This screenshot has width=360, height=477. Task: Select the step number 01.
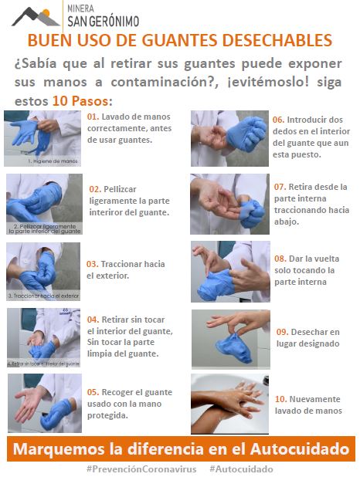pos(93,117)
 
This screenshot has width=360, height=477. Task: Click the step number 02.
pos(95,188)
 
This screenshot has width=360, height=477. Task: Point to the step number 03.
pos(92,264)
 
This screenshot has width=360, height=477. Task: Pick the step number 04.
pos(93,319)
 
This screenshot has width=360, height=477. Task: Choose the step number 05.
pos(93,391)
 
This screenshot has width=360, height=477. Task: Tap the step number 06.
pos(278,120)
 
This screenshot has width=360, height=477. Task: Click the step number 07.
pos(280,187)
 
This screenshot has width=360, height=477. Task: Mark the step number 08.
pos(280,259)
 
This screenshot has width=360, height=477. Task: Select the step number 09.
pos(283,332)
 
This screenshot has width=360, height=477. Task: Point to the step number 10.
pos(281,399)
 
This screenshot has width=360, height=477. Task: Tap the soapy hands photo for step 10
pos(230,403)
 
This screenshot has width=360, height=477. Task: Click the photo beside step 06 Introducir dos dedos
pos(229,138)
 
